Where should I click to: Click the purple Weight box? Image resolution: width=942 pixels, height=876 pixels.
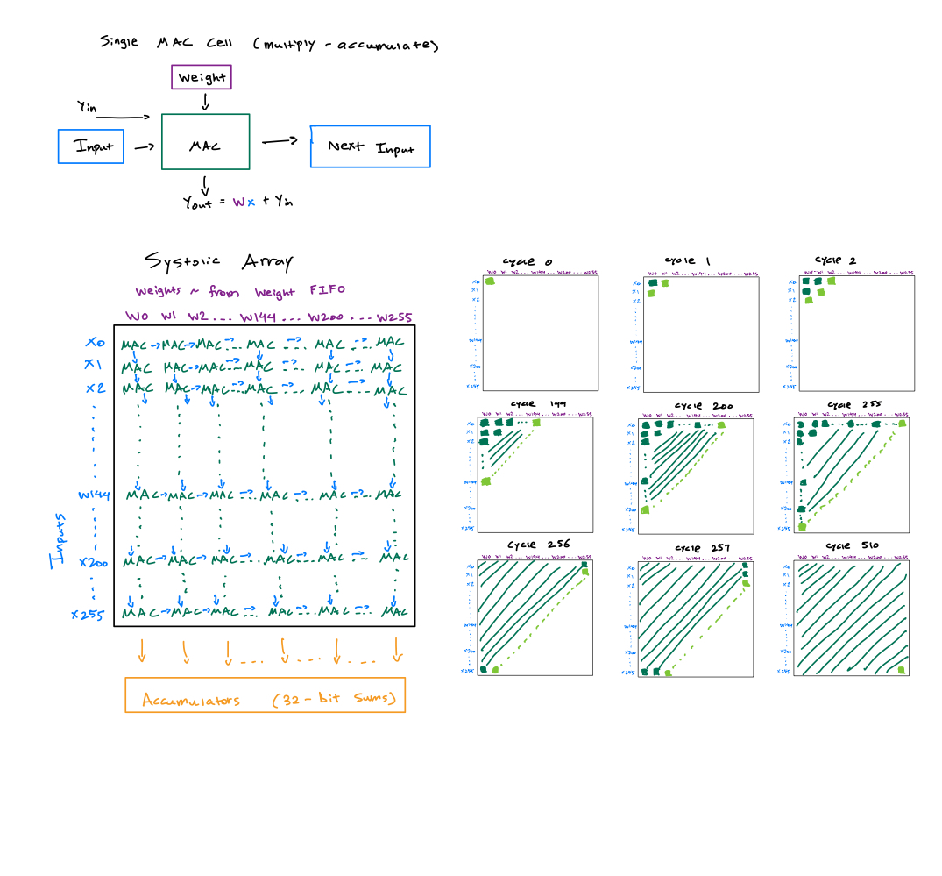tap(202, 77)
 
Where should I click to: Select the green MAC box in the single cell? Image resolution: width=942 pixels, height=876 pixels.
tap(205, 141)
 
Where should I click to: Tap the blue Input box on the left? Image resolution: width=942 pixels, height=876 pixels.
tap(92, 146)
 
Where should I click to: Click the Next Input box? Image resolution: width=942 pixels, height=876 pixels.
tap(371, 146)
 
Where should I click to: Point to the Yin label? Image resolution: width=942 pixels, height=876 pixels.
tap(87, 109)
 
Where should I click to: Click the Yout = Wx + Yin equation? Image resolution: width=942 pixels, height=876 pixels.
tap(237, 203)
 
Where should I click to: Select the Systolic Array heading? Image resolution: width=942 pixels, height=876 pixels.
tap(218, 261)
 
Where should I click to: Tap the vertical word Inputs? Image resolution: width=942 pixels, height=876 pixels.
tap(57, 541)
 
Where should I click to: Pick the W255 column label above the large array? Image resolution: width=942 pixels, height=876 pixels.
tap(394, 317)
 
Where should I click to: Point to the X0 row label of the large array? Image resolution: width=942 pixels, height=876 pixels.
tap(96, 343)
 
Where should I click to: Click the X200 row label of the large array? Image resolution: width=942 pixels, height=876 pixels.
tap(93, 562)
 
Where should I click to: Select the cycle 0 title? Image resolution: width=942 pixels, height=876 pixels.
tap(527, 262)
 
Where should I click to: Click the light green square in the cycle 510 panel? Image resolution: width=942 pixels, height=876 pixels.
tap(901, 671)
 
